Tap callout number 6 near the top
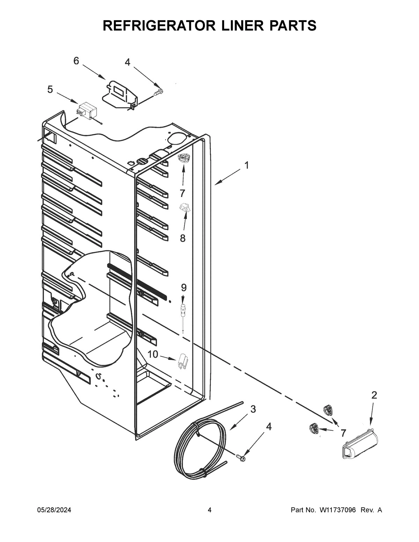(x=76, y=61)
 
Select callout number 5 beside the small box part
(x=50, y=89)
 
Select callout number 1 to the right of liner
(x=247, y=165)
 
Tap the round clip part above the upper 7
(x=183, y=158)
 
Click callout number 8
(x=182, y=238)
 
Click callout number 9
(x=184, y=288)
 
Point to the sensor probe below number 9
(x=183, y=314)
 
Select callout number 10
(x=153, y=355)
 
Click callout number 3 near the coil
(x=253, y=409)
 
